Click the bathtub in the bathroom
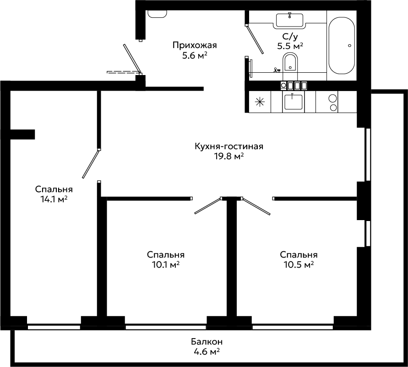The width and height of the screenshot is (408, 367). click(x=342, y=46)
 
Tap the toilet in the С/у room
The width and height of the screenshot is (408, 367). click(x=290, y=66)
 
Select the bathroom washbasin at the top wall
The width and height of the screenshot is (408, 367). click(x=289, y=20)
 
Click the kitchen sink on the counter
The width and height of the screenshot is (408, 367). click(x=293, y=102)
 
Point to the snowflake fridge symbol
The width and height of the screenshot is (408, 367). click(x=260, y=102)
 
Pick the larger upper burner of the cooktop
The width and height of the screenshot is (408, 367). click(x=332, y=98)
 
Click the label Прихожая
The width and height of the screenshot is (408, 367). click(x=195, y=45)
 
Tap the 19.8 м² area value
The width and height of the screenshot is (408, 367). click(x=229, y=157)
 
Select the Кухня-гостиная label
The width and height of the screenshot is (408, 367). click(x=229, y=146)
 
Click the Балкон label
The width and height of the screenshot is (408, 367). click(x=207, y=341)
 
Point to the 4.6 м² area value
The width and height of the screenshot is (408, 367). click(x=207, y=352)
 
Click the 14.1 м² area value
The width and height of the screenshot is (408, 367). click(x=54, y=200)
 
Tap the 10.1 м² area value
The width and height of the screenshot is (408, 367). click(x=166, y=265)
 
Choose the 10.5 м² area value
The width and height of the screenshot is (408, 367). click(x=299, y=265)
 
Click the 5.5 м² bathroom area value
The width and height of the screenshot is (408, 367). click(x=290, y=46)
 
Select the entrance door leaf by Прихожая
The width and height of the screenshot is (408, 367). click(x=132, y=59)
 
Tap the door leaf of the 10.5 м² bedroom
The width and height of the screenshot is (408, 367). click(x=256, y=207)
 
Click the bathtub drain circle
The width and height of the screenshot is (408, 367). click(x=350, y=45)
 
